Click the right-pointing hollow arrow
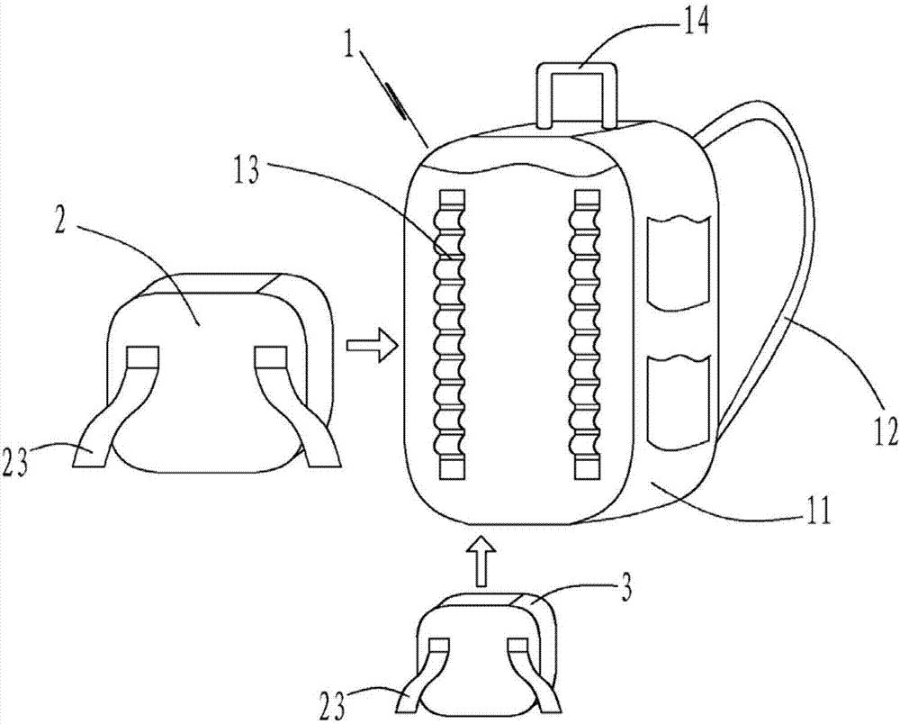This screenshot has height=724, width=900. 371,342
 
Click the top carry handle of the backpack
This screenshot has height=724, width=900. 577,90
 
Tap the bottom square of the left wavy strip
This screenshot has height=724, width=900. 450,468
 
